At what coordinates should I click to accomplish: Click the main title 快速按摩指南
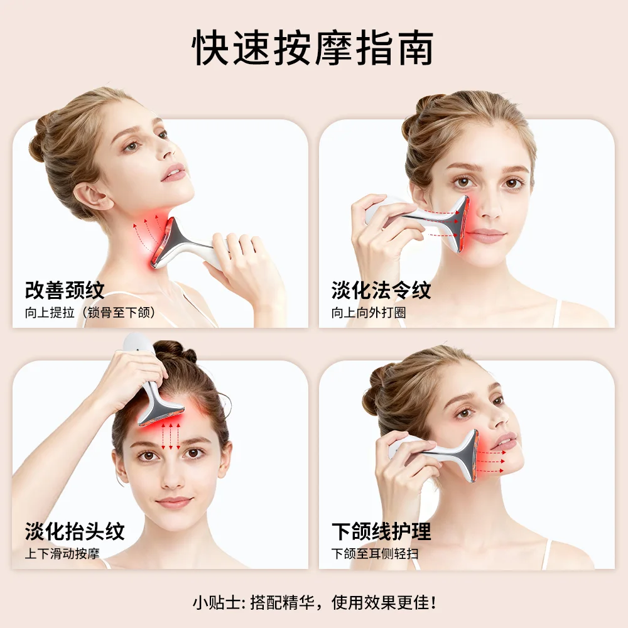coord(313,48)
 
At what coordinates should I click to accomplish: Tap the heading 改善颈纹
coord(65,290)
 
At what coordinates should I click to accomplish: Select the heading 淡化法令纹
coord(381,290)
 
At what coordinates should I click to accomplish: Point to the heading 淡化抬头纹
coord(75,531)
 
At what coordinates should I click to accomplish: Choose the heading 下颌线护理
coord(381,531)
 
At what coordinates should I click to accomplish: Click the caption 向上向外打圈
coord(369,312)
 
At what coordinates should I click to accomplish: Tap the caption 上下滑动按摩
coord(62,553)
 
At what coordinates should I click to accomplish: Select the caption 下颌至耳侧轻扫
coord(375,553)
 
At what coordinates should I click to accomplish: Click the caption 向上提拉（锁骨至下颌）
coord(90,312)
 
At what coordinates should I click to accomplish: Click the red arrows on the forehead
coord(171,436)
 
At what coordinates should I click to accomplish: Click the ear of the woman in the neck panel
coord(90,195)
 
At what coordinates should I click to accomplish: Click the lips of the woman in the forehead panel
coord(174,502)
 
